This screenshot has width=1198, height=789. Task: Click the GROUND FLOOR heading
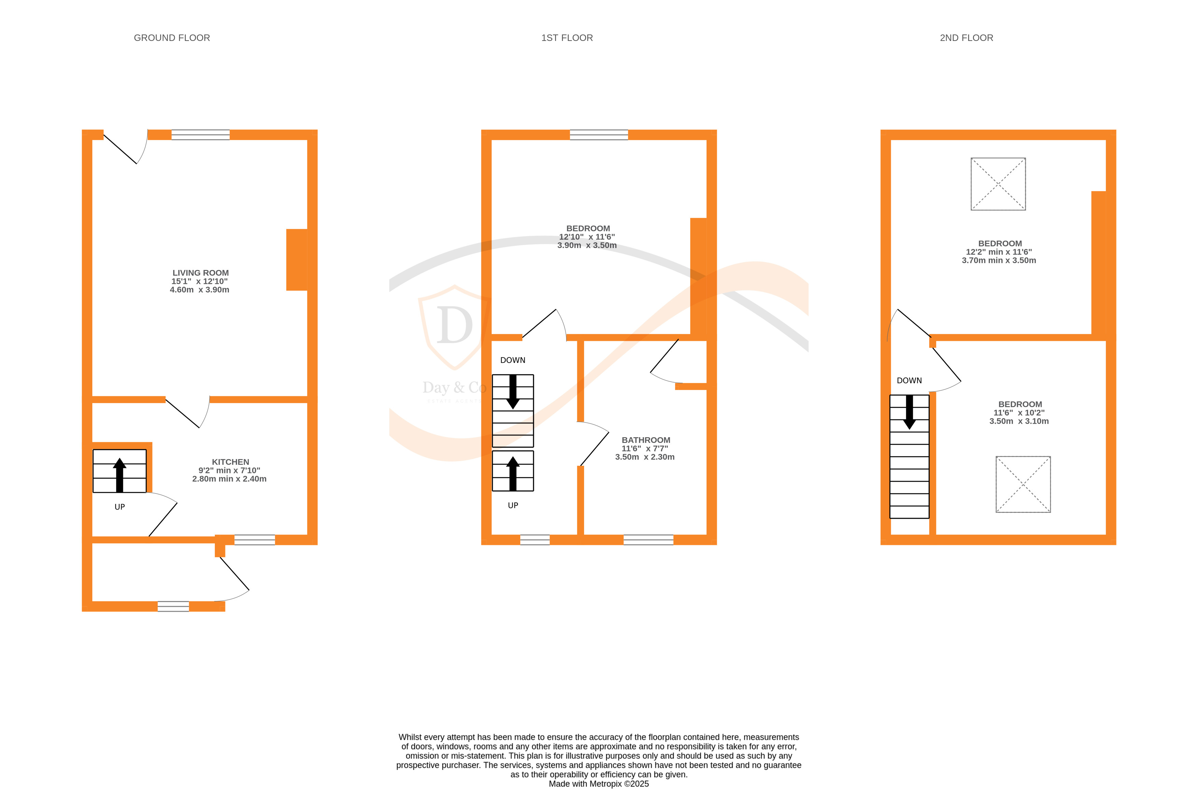(x=172, y=38)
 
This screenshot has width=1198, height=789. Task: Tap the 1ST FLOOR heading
(x=567, y=38)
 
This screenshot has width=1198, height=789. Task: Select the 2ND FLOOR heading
(x=966, y=38)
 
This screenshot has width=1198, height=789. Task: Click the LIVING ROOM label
(x=201, y=273)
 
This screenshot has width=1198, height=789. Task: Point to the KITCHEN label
(x=230, y=462)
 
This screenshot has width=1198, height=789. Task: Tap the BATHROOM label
(x=646, y=440)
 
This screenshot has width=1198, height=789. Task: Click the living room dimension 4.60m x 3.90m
(x=199, y=290)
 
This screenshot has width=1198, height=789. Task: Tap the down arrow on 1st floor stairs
(x=513, y=391)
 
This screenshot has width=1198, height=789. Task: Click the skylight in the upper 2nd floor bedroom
(x=998, y=184)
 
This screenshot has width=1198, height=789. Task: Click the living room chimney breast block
(x=297, y=260)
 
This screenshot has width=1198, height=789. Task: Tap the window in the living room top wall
(x=201, y=135)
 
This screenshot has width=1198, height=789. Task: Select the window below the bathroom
(x=648, y=540)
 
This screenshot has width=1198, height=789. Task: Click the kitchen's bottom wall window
(x=255, y=540)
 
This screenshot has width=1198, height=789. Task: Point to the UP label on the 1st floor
(x=513, y=505)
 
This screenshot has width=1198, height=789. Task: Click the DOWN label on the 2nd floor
(x=909, y=381)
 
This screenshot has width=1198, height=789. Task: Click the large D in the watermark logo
(x=455, y=325)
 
